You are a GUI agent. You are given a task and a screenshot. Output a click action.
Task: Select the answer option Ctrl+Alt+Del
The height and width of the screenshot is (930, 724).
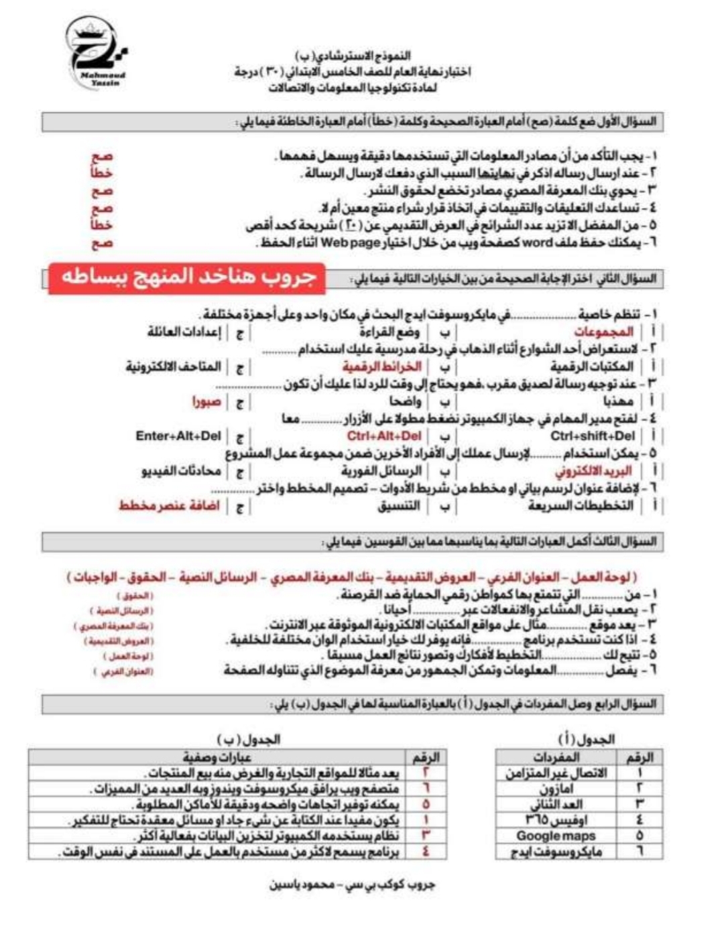click(384, 436)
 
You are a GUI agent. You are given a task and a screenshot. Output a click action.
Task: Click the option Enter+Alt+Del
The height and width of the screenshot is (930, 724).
click(178, 436)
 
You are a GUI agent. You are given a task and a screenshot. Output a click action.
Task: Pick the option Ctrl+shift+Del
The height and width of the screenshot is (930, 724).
click(593, 436)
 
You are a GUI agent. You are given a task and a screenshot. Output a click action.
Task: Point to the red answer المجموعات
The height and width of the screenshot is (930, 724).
click(603, 332)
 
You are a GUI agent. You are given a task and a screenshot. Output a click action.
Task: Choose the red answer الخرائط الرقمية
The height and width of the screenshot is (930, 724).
click(382, 367)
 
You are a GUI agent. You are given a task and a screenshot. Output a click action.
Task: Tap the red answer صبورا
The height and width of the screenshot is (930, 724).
click(206, 401)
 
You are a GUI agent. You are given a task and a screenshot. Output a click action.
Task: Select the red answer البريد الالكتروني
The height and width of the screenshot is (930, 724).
click(594, 471)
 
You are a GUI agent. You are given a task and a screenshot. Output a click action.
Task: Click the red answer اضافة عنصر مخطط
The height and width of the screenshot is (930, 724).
click(170, 506)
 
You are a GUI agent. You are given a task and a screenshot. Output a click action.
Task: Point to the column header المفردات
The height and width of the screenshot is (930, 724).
click(556, 757)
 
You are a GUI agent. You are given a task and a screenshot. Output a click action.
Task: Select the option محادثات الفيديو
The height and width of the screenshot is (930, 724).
click(181, 471)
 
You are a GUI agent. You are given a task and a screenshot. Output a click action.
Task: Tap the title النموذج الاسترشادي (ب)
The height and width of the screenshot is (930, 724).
click(353, 56)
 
